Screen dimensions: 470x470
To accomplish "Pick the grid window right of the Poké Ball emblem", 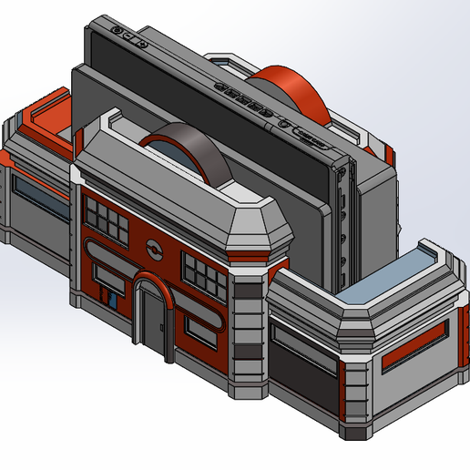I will point(205,269).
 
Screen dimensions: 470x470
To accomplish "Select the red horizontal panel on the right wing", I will point(414,347).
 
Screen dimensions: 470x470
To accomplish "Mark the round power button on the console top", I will point(119,31).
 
